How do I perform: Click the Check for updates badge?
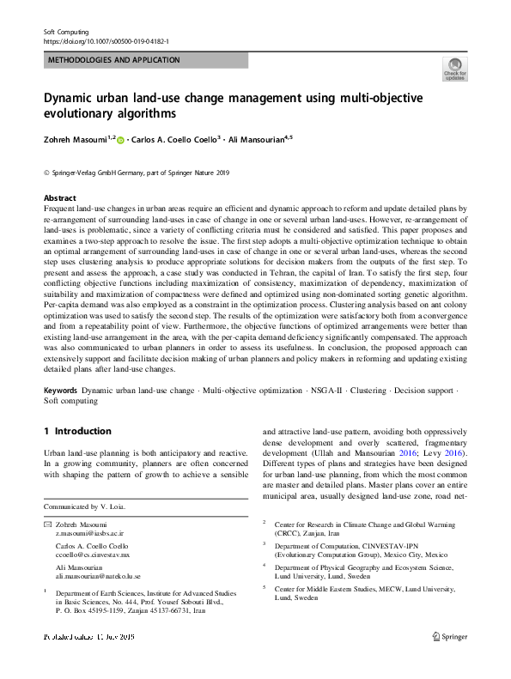(x=454, y=69)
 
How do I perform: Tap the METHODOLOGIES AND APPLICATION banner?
(x=113, y=60)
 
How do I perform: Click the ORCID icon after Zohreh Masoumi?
(x=121, y=139)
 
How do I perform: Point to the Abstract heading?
(x=59, y=197)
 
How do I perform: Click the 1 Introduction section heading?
(x=77, y=431)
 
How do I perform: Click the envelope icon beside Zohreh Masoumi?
(x=47, y=524)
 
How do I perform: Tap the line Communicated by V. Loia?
(x=84, y=506)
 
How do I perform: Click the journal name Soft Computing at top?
(x=66, y=31)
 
